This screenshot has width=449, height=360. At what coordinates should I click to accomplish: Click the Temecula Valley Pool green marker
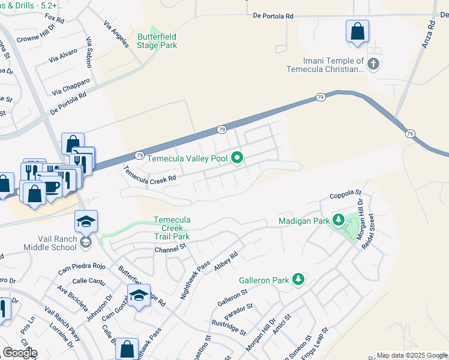point(238,158)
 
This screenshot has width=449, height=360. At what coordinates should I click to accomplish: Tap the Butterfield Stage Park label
point(157,41)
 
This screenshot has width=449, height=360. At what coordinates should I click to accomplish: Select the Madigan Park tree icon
point(338,220)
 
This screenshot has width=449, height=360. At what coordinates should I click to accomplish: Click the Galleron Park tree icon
point(297,279)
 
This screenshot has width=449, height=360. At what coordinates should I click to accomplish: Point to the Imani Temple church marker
point(373,64)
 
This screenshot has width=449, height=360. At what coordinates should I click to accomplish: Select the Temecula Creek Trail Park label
point(172,228)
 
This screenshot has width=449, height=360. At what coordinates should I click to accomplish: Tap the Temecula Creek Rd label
point(150,174)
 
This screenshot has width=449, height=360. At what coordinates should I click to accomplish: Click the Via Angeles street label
point(116,34)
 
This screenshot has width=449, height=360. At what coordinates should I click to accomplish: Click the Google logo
point(20,353)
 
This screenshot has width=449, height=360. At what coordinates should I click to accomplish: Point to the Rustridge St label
point(228,327)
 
